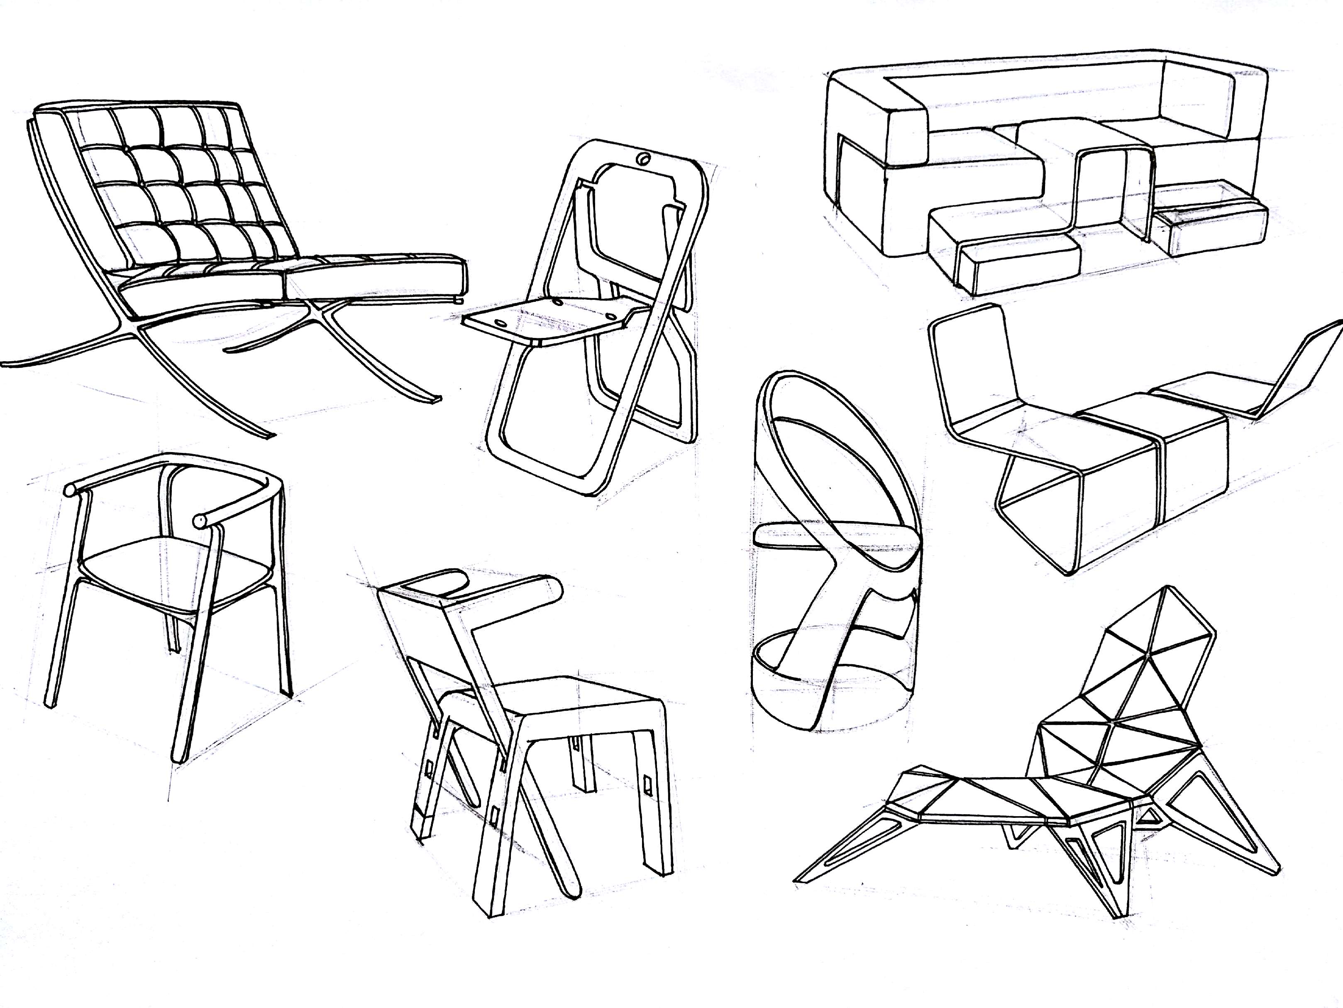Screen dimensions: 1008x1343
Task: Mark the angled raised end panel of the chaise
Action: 1299,370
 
